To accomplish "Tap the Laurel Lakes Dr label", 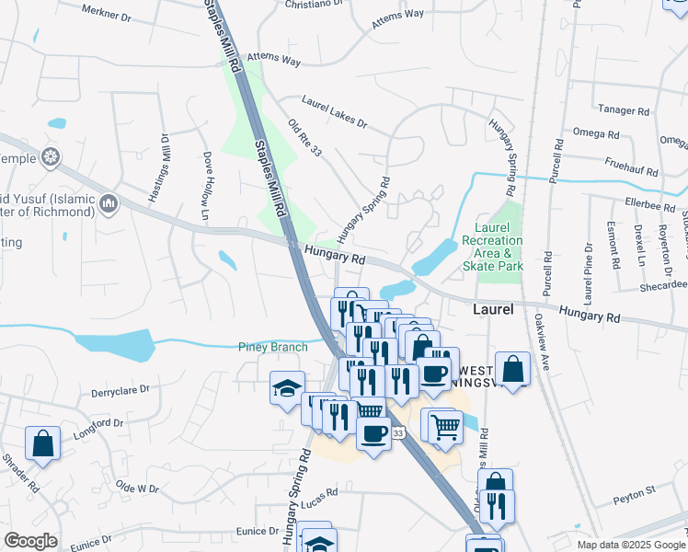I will (335, 110).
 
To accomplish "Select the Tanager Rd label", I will (624, 110).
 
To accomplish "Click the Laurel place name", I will (493, 310).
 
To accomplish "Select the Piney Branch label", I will (272, 347).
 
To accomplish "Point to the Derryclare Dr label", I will (121, 391).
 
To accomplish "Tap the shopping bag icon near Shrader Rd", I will (42, 443).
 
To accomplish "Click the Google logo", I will (30, 541).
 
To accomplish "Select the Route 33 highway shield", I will (398, 432).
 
